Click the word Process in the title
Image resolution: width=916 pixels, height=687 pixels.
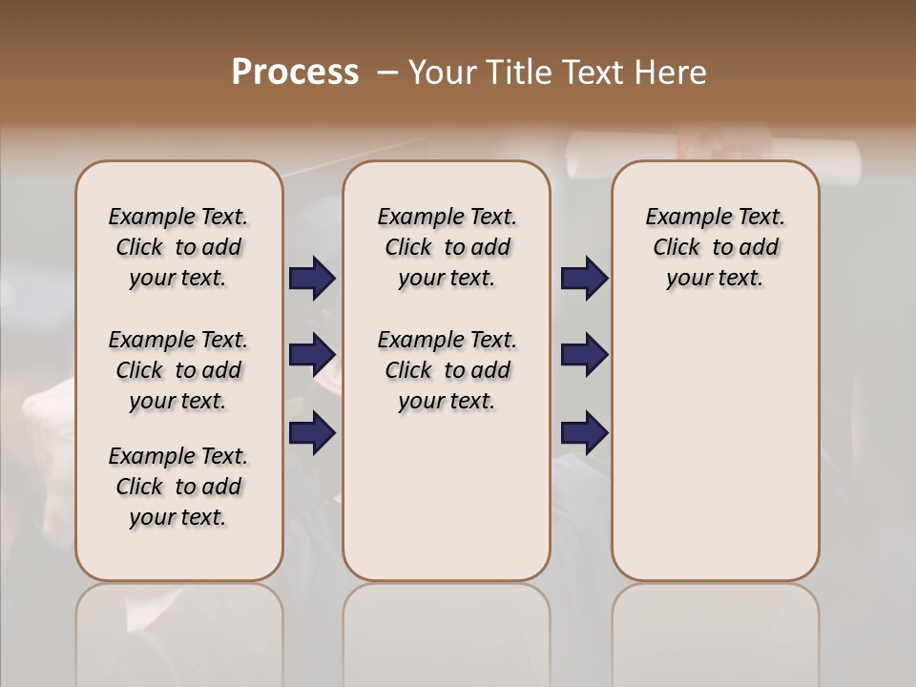tap(295, 73)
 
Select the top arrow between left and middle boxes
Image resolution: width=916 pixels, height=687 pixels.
tap(312, 279)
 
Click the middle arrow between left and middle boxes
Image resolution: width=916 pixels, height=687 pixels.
tap(312, 355)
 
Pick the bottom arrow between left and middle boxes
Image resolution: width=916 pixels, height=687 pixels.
tap(312, 433)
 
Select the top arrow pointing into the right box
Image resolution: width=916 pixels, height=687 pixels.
tap(584, 279)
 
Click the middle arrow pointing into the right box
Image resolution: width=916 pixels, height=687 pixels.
tap(584, 355)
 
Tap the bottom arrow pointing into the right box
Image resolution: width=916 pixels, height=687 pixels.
tap(584, 433)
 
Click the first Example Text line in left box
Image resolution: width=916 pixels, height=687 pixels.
tap(178, 217)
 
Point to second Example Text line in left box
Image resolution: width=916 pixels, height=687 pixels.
tap(178, 340)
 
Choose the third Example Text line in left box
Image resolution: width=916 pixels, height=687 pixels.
tap(178, 456)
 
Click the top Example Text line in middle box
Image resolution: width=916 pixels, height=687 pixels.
tap(447, 217)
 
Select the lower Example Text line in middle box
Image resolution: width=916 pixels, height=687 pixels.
tap(447, 340)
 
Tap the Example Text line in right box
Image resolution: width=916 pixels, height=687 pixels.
tap(715, 217)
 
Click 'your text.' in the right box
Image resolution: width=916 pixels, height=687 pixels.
tap(715, 279)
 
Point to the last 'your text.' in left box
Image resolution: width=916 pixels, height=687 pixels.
tap(178, 517)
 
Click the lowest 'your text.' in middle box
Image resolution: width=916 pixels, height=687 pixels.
tap(447, 402)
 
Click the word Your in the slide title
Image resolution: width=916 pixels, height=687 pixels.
tap(443, 73)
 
